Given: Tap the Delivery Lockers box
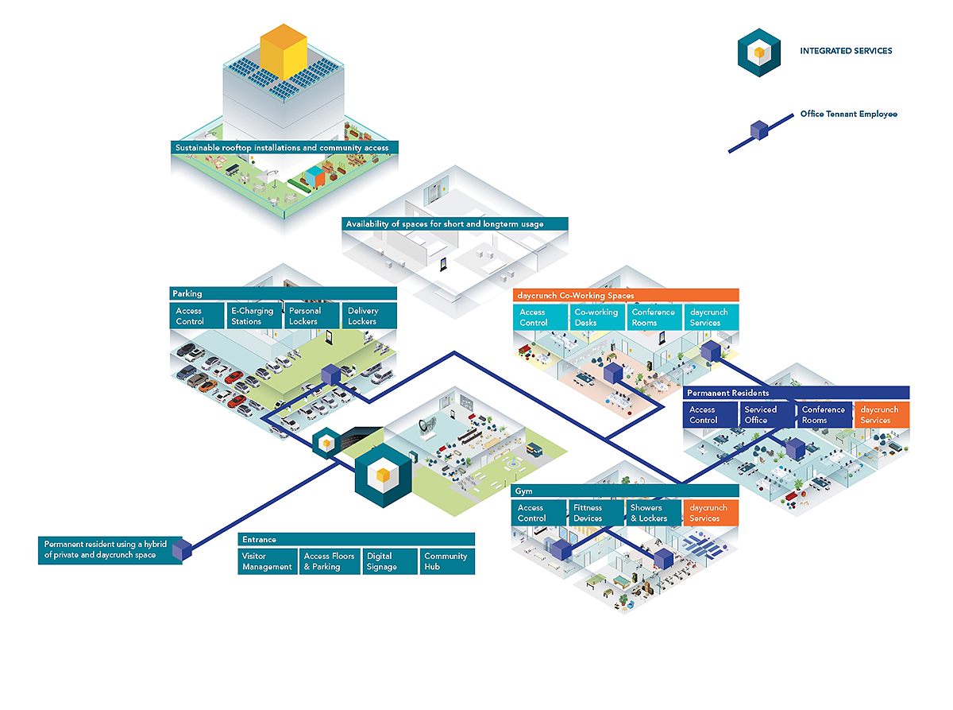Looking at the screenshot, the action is tap(369, 316).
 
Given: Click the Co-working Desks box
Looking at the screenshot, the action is tap(596, 317).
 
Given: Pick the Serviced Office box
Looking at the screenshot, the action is tap(766, 414).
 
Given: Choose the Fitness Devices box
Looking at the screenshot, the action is tap(596, 513).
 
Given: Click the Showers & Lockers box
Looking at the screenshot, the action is tap(654, 513).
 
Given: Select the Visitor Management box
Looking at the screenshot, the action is tap(268, 561).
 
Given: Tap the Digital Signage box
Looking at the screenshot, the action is tap(390, 561).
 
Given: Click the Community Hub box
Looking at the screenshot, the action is tap(447, 561).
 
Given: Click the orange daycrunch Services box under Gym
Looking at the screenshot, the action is tap(711, 513).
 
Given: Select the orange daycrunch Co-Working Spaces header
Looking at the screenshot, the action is tap(626, 295).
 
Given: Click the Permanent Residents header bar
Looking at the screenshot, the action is tap(796, 393).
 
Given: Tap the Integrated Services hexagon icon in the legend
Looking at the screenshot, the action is tap(758, 52).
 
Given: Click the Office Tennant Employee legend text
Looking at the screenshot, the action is tap(849, 114).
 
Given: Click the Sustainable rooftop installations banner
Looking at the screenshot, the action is tap(284, 147).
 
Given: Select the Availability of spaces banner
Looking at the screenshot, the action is tap(455, 223).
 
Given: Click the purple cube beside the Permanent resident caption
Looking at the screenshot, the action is tap(182, 549).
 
